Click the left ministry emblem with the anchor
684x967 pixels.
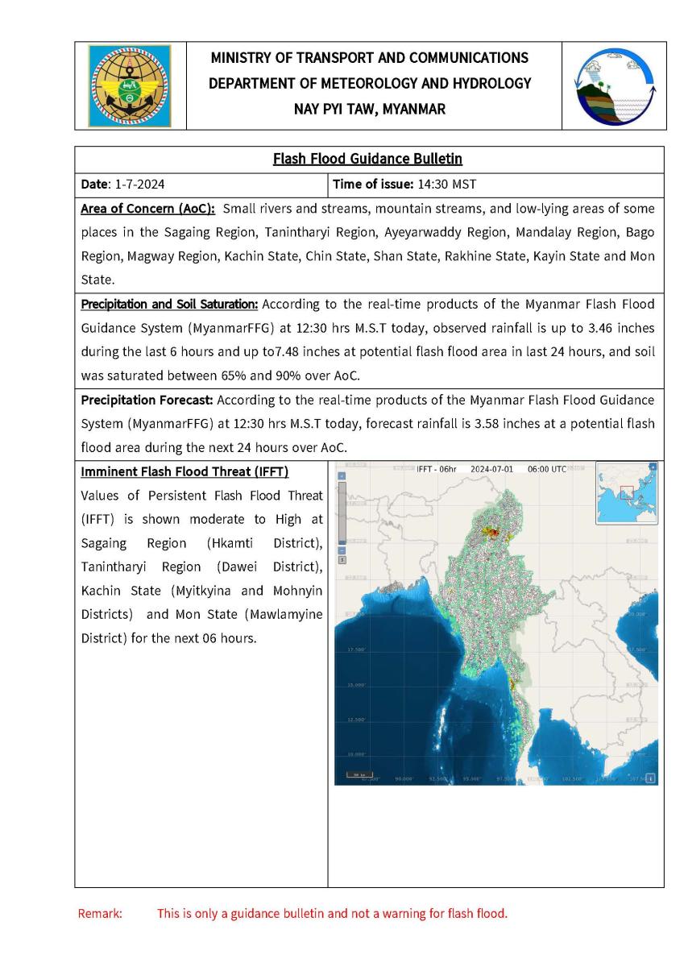[x=130, y=85]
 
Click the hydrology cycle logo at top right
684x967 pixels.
[x=614, y=85]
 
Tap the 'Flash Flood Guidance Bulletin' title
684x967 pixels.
[x=367, y=159]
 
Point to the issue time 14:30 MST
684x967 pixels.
[x=447, y=185]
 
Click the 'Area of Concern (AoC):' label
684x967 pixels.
[x=148, y=210]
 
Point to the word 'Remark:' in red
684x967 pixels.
[x=99, y=914]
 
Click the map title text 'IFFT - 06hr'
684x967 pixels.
[x=437, y=468]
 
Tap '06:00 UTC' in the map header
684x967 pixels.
[x=547, y=468]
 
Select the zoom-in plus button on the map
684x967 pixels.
[x=341, y=475]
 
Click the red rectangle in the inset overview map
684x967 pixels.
[x=628, y=493]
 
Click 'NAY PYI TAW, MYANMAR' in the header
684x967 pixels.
[x=370, y=109]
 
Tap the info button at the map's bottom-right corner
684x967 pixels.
[x=651, y=778]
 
